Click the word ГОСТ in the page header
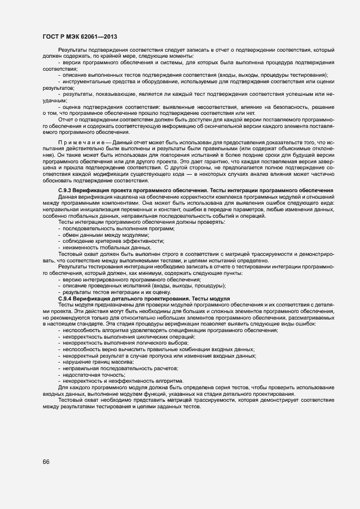52,37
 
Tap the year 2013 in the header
110,37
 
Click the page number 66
46,462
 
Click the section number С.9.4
66,299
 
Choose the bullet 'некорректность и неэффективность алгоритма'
123,381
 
